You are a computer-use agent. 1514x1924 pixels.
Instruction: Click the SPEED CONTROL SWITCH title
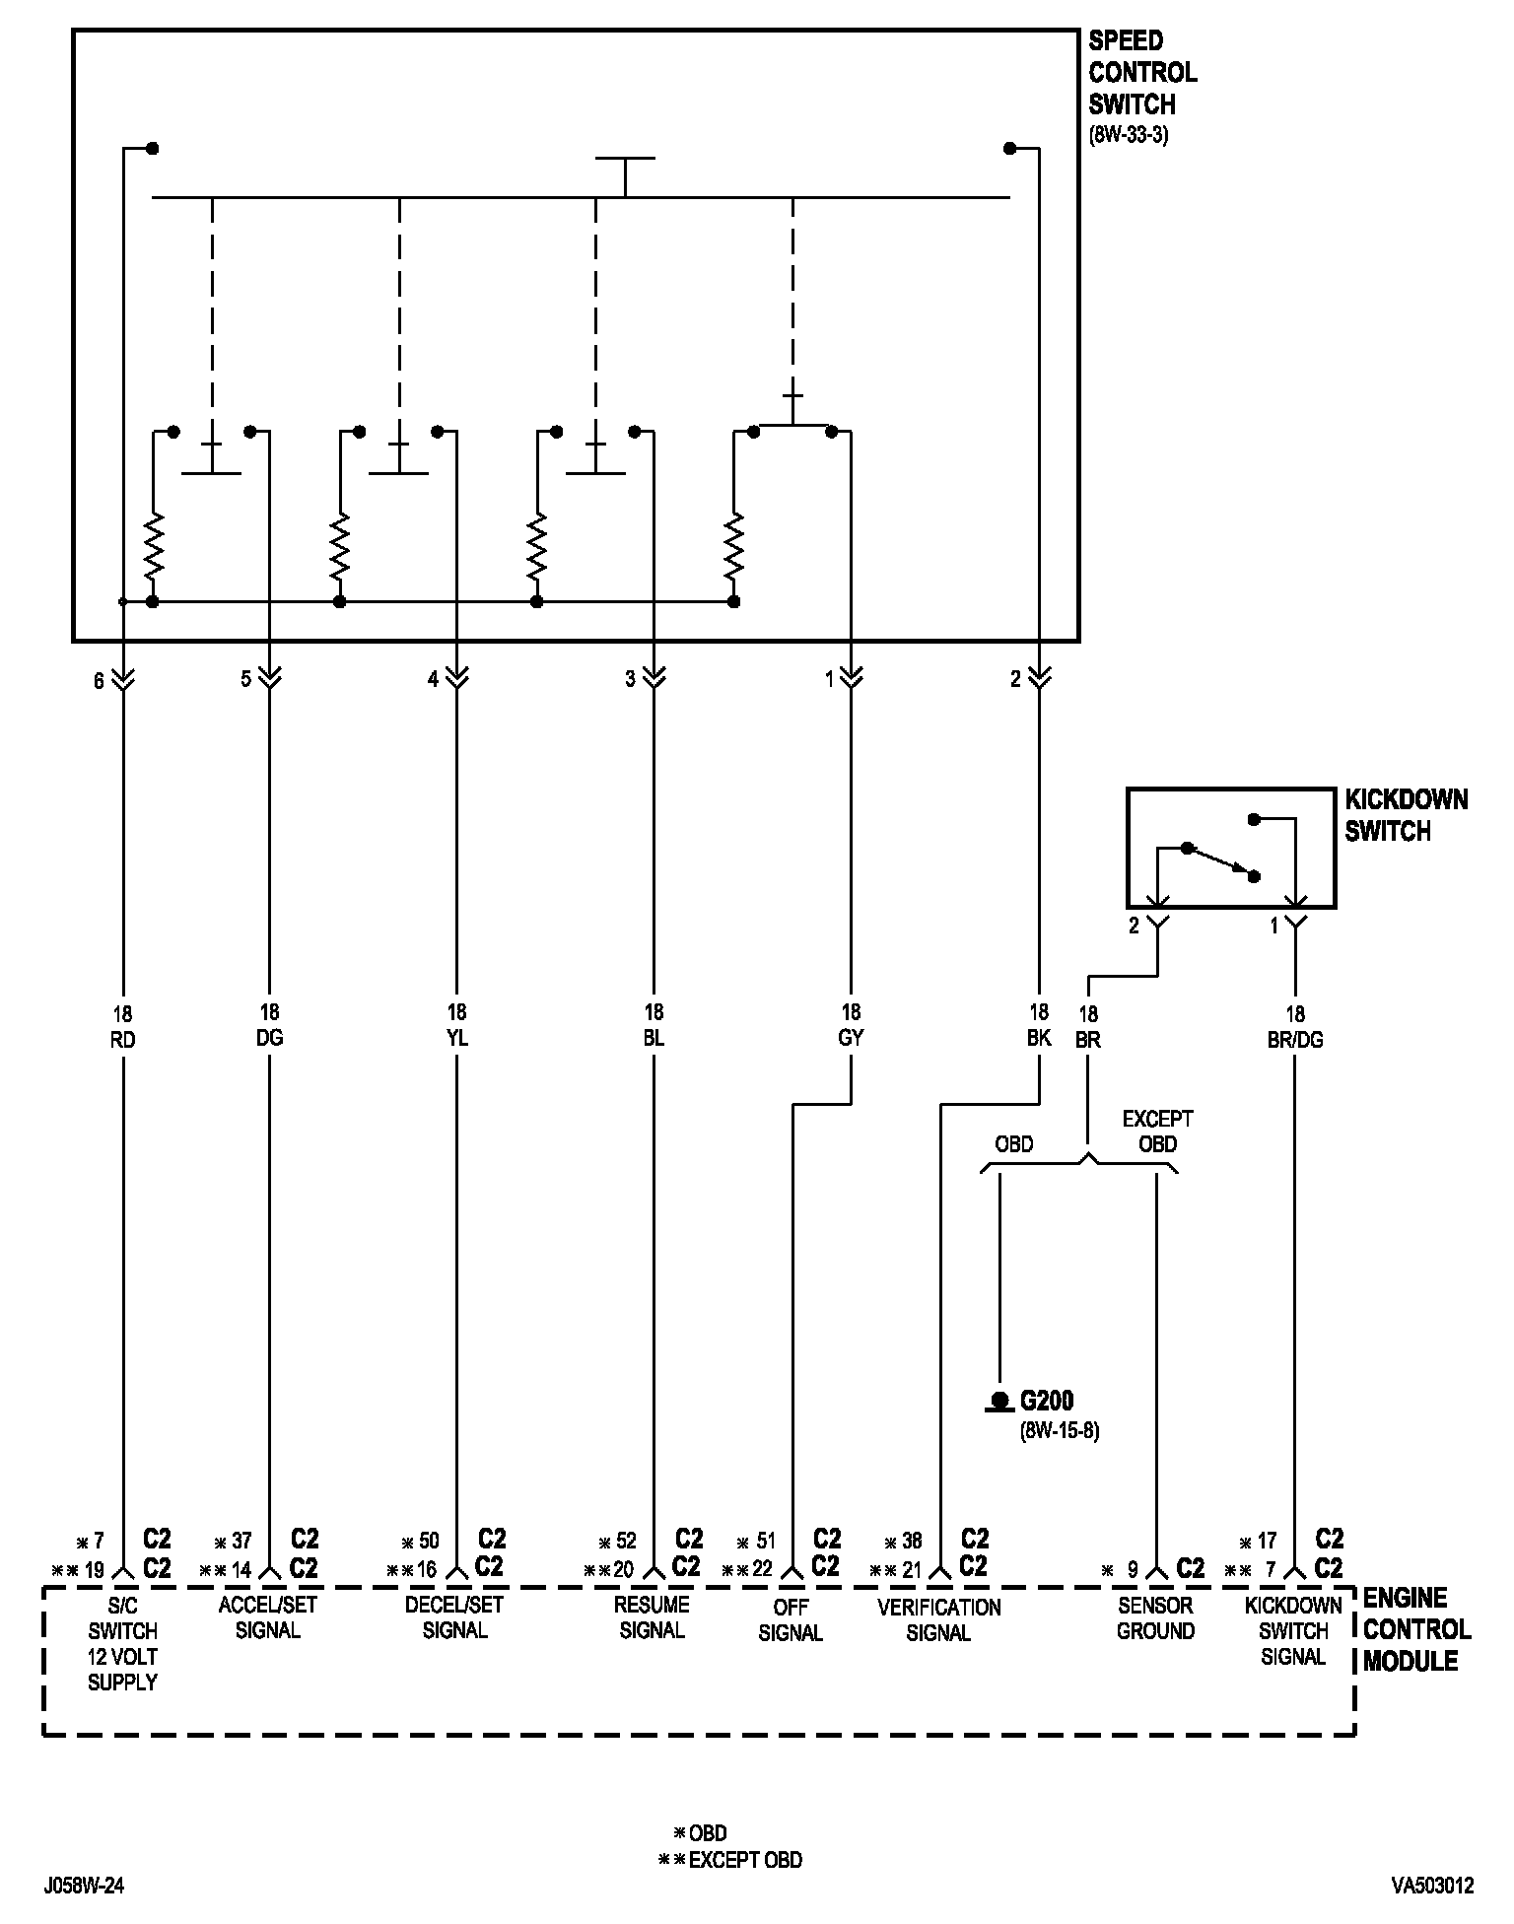click(x=1141, y=73)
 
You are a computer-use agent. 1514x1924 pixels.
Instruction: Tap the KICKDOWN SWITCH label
click(x=1406, y=815)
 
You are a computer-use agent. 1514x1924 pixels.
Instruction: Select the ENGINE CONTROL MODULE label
click(x=1416, y=1629)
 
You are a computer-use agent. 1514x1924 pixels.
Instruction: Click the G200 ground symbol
click(x=1000, y=1401)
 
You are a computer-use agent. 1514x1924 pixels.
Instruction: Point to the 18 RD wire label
click(x=123, y=1026)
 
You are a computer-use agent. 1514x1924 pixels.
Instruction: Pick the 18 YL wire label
click(x=456, y=1026)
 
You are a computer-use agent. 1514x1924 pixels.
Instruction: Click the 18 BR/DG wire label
click(x=1295, y=1027)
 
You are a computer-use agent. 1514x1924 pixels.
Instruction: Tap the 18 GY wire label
click(x=851, y=1026)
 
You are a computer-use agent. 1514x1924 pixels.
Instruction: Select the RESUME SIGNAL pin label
click(x=652, y=1617)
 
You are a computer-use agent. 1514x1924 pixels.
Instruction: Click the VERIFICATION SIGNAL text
click(x=938, y=1619)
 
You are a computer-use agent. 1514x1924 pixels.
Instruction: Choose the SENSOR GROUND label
click(x=1155, y=1617)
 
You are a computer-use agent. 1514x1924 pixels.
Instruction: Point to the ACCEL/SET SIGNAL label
click(x=268, y=1617)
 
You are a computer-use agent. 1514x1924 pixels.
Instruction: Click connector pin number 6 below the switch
click(x=99, y=681)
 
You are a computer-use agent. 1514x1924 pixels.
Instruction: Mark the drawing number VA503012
click(x=1432, y=1886)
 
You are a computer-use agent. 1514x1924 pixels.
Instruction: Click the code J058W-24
click(x=85, y=1886)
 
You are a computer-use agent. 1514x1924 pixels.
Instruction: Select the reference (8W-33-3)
click(x=1129, y=136)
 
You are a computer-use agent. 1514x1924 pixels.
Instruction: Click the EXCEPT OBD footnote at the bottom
click(x=730, y=1860)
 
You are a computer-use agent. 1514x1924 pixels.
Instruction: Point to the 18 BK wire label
click(x=1039, y=1026)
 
